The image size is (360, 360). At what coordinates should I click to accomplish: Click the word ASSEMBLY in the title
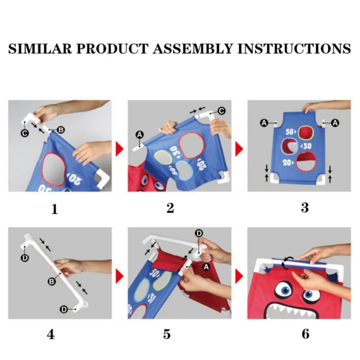193,49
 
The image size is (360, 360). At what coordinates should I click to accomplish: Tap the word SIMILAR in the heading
40,49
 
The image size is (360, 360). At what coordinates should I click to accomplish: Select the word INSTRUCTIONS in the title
294,49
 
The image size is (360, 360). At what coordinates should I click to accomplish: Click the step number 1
54,209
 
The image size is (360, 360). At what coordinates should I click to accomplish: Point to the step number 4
51,334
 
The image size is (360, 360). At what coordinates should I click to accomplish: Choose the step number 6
306,334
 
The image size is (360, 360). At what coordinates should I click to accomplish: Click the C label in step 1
25,133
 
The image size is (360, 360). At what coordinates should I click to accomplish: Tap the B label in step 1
61,130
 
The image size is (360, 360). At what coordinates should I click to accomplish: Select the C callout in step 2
221,111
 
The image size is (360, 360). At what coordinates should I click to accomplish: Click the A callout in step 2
139,135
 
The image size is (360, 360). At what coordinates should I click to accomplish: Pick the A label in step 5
206,267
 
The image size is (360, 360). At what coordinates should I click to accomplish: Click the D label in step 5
199,234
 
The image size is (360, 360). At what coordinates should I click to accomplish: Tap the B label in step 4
52,282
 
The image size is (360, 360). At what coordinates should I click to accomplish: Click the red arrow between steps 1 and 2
119,149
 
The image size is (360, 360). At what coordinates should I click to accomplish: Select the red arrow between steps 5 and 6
239,276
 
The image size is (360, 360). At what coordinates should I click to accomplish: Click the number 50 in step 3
289,132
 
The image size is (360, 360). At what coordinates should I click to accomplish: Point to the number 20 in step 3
287,163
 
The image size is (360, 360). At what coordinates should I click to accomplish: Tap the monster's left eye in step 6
284,290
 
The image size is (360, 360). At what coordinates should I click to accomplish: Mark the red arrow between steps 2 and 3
239,149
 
